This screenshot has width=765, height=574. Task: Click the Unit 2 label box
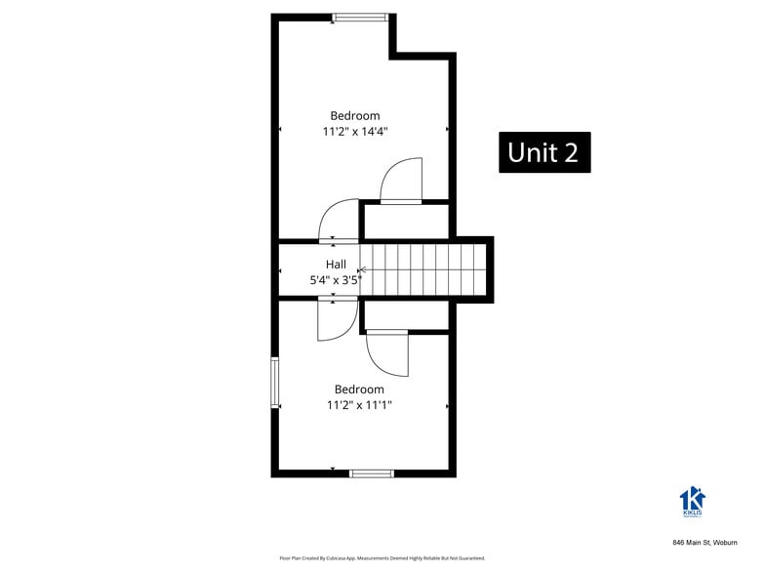click(544, 152)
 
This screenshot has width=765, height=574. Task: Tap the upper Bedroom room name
click(354, 115)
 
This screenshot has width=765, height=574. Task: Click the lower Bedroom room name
click(359, 389)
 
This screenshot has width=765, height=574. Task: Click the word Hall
click(336, 264)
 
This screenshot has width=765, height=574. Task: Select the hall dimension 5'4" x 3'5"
click(336, 280)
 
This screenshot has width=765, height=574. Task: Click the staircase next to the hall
click(424, 268)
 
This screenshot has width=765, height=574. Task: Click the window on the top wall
click(360, 18)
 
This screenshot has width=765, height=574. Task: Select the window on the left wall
click(275, 385)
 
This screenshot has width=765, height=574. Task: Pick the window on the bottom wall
click(371, 473)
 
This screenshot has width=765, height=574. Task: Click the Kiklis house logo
click(692, 500)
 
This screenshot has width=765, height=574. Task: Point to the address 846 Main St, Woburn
click(705, 542)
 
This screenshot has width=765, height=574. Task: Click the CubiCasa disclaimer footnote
click(382, 558)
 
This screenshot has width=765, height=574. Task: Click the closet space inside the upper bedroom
click(405, 220)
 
